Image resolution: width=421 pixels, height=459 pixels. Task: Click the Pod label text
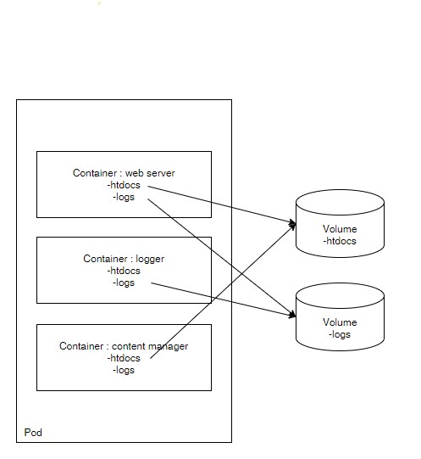point(33,433)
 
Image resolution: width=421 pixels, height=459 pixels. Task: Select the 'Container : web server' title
point(124,173)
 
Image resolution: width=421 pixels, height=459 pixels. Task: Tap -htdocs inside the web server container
point(124,185)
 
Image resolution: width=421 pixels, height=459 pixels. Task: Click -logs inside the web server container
point(124,197)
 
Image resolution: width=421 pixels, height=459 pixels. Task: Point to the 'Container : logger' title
point(124,259)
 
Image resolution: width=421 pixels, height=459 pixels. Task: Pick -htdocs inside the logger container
point(124,271)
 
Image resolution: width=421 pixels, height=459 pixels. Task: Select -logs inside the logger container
point(124,283)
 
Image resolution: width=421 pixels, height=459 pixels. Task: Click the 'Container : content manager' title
point(124,346)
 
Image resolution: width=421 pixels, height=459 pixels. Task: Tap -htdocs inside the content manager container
point(124,358)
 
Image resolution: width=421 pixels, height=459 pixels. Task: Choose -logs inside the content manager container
point(124,370)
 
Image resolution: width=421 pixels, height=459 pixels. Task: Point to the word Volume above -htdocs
point(340,229)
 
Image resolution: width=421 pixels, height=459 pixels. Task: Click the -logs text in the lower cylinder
point(340,334)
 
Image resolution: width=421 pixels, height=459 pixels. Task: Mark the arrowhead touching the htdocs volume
point(292,224)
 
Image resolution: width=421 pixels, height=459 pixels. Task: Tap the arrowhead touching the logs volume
point(292,315)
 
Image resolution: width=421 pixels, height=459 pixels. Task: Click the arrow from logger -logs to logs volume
point(224,299)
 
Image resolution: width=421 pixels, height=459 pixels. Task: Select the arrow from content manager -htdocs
point(223,292)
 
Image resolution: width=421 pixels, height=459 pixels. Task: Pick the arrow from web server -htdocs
point(222,205)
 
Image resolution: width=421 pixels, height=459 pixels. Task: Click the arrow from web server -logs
point(222,258)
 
